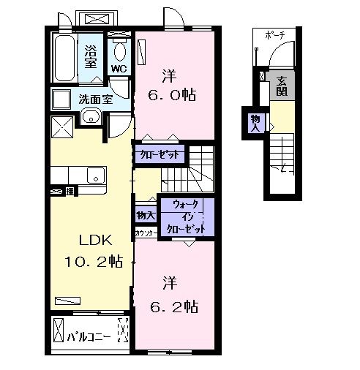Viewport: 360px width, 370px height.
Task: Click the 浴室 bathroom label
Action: click(x=91, y=56)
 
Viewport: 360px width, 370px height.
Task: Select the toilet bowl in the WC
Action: click(x=119, y=51)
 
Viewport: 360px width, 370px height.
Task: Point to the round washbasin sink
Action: click(x=91, y=116)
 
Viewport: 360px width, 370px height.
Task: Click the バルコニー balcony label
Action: click(x=89, y=338)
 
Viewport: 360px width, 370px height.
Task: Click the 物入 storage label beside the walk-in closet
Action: click(x=145, y=215)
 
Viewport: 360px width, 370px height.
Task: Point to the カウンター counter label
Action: click(x=143, y=233)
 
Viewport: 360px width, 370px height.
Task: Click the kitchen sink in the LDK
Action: click(x=93, y=175)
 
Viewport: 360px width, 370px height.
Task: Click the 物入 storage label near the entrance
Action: click(x=255, y=122)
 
